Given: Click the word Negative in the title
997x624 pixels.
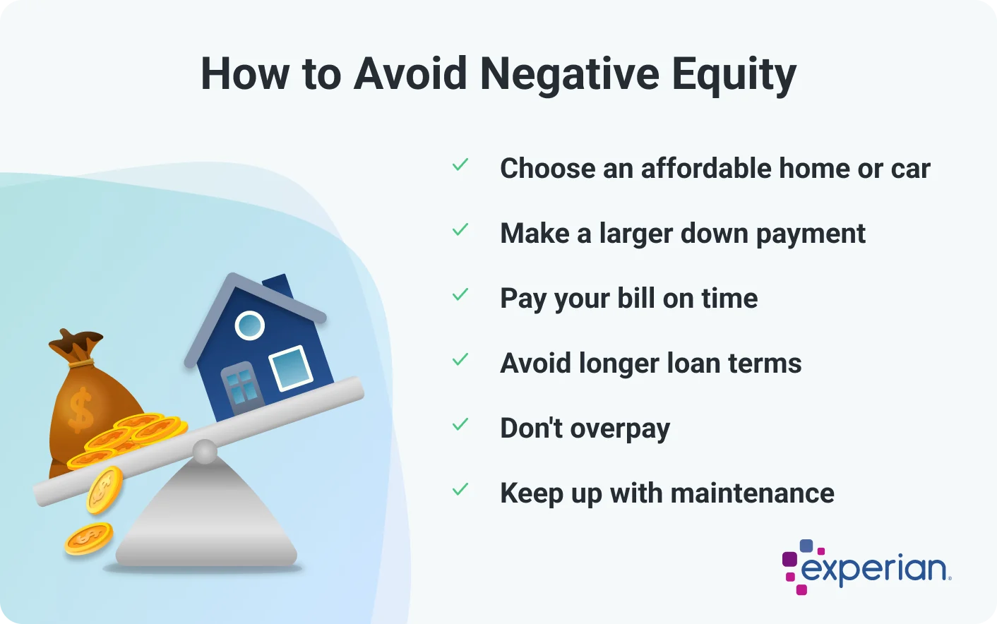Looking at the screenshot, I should pyautogui.click(x=569, y=73).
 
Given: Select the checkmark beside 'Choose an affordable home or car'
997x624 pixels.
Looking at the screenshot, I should pyautogui.click(x=460, y=165).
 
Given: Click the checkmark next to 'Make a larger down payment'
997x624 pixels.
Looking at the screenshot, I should pyautogui.click(x=460, y=230).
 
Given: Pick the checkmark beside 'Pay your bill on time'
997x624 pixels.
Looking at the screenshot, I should pyautogui.click(x=460, y=295).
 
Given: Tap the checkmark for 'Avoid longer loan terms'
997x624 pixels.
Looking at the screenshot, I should pyautogui.click(x=460, y=360).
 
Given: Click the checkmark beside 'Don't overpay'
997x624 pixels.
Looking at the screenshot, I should pyautogui.click(x=460, y=425).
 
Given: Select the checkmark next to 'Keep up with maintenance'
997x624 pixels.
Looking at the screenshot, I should pyautogui.click(x=460, y=490).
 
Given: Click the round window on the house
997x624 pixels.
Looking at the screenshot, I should pyautogui.click(x=249, y=325).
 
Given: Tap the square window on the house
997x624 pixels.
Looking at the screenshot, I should pyautogui.click(x=290, y=367).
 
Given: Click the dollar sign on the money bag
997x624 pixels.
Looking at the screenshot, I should pyautogui.click(x=80, y=409).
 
